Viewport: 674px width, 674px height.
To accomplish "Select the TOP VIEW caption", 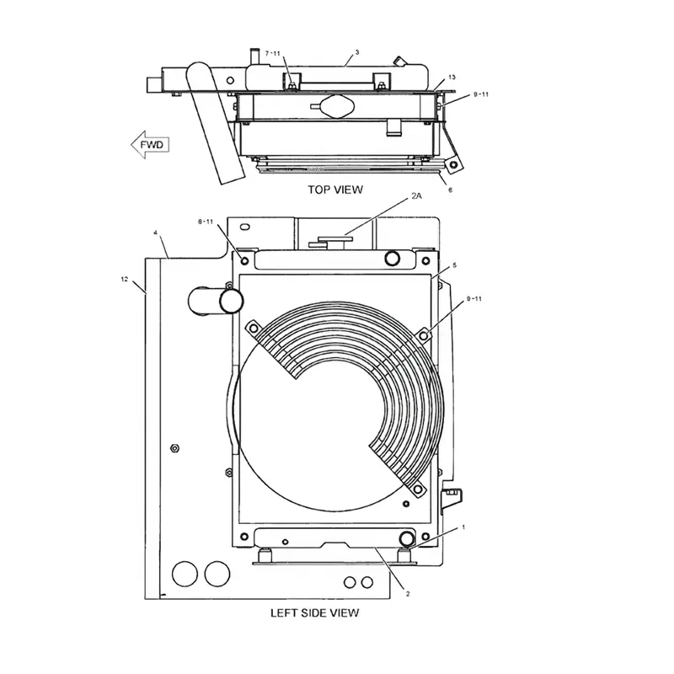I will click(x=335, y=190).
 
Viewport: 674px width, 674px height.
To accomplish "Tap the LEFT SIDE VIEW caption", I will click(x=314, y=612).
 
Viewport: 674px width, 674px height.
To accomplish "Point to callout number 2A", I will click(x=416, y=195).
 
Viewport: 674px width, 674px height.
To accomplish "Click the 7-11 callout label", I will click(x=273, y=53).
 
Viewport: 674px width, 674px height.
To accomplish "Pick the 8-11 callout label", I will click(x=206, y=222).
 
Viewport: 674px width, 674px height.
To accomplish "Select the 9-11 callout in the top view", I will click(x=481, y=95).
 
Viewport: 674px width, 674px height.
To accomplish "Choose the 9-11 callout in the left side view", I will click(x=474, y=298).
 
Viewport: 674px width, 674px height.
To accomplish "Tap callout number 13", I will click(x=451, y=76).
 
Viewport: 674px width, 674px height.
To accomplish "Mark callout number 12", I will click(x=125, y=278).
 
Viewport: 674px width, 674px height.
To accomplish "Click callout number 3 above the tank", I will click(x=356, y=52).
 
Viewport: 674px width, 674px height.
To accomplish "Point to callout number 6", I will click(x=450, y=190).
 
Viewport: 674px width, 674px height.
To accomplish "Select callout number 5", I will click(x=454, y=265).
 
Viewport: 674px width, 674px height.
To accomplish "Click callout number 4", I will click(x=155, y=232).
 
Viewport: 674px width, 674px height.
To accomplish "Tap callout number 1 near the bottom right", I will click(x=462, y=527).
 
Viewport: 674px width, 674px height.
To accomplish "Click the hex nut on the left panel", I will click(x=174, y=447).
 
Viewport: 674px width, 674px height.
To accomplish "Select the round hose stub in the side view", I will click(x=229, y=300).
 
